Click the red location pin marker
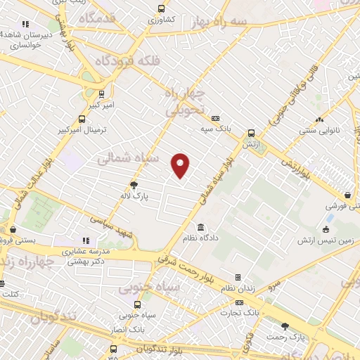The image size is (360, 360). [x=181, y=165]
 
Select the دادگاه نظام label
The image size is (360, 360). [x=201, y=240]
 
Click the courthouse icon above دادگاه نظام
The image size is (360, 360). [x=202, y=227]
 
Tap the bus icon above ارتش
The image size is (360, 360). [x=251, y=133]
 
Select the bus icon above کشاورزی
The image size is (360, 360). [x=162, y=9]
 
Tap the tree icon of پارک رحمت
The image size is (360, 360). [x=285, y=326]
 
